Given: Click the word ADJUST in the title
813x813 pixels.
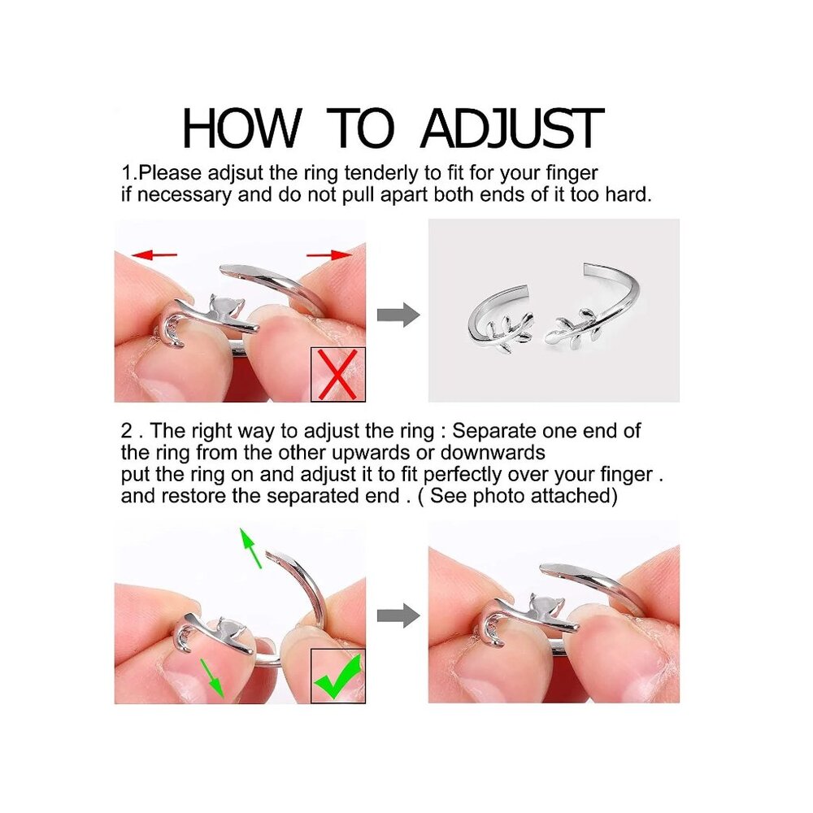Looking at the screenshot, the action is [512, 128].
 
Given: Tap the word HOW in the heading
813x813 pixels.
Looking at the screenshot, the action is [241, 128].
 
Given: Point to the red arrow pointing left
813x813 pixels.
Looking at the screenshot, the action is [154, 254].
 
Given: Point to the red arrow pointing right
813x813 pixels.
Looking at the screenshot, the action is [329, 254].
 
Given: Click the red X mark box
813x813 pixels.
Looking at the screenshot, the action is [337, 374].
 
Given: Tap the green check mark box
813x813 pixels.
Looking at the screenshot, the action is [337, 676].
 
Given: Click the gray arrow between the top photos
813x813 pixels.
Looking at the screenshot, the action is [398, 315].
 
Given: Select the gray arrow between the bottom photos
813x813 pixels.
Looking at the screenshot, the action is [398, 616].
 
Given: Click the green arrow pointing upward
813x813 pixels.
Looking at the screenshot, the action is [251, 549].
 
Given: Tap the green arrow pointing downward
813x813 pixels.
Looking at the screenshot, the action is [212, 678].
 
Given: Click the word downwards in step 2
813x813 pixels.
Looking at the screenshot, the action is [493, 453].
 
